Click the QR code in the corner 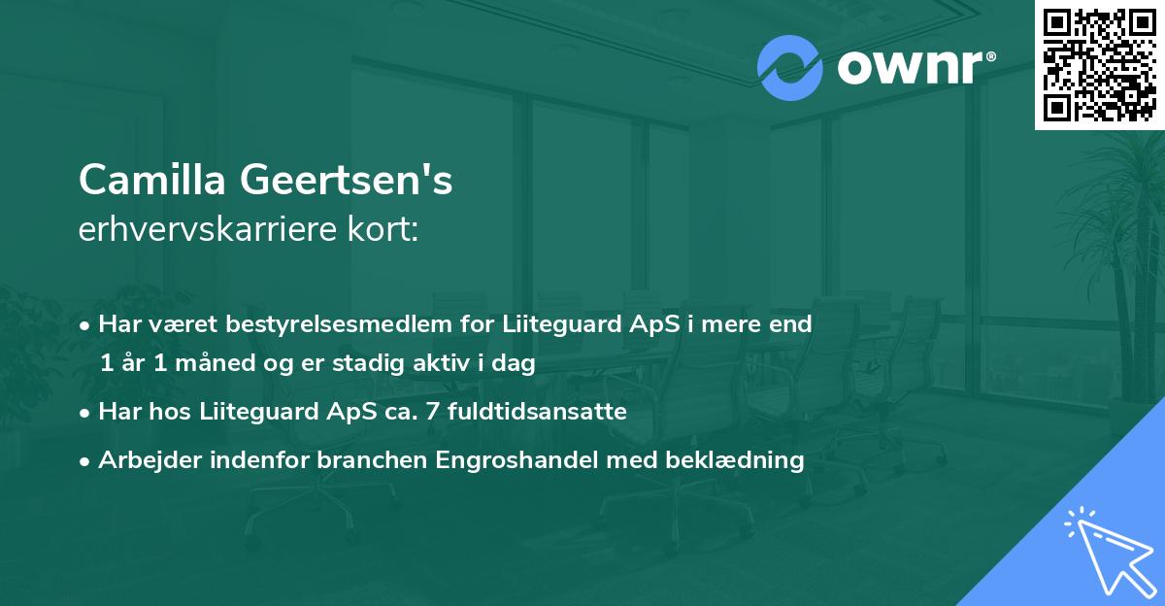[x=1099, y=65]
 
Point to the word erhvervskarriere [x=210, y=229]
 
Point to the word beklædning [x=742, y=460]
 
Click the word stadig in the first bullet [x=385, y=363]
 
